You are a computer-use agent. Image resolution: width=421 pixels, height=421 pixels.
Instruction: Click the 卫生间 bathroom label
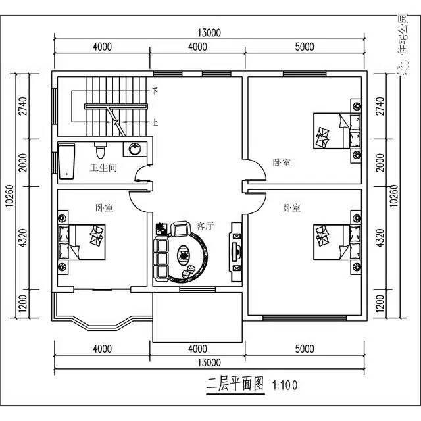pos(103,168)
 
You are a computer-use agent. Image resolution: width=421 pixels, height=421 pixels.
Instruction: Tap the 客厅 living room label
pos(205,226)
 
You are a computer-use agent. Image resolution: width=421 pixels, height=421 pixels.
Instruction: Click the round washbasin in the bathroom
pos(135,149)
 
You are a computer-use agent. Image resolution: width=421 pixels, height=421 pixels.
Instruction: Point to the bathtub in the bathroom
pos(66,161)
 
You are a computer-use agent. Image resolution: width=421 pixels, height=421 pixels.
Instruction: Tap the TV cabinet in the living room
pos(236,248)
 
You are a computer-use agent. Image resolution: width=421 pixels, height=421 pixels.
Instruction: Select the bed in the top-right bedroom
pos(335,132)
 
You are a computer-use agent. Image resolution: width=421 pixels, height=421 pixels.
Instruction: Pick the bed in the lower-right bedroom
pos(335,241)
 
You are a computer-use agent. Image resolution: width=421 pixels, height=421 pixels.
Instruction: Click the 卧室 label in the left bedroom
pos(104,208)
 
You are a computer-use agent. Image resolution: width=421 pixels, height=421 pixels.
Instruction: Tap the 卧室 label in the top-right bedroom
pos(282,162)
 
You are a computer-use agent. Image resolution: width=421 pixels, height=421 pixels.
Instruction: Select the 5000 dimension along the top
pos(304,47)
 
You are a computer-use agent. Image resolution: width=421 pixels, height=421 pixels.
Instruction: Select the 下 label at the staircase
pos(156,91)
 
